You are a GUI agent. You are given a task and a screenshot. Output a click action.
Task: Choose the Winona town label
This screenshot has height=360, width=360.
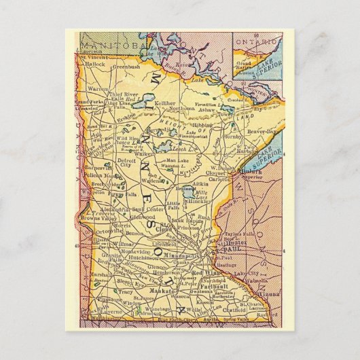(266, 294)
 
